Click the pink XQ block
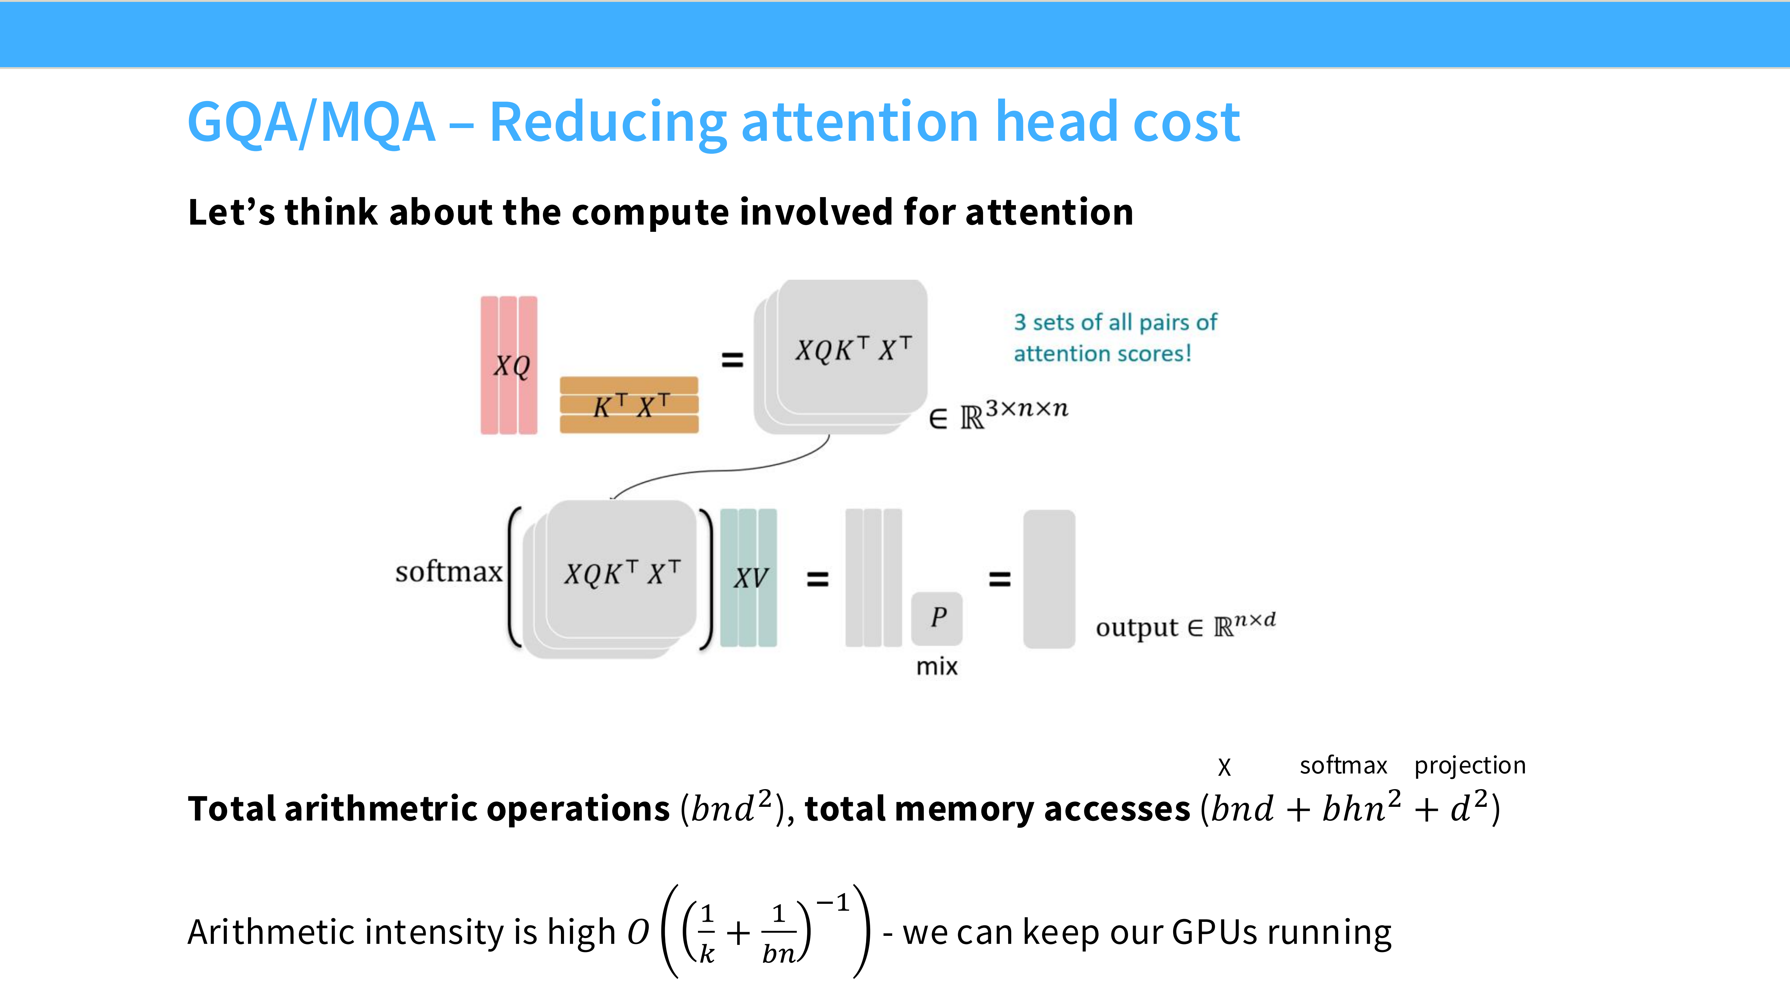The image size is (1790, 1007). (509, 365)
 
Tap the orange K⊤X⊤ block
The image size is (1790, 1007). (629, 405)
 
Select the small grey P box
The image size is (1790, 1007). (937, 617)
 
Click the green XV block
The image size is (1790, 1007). (748, 577)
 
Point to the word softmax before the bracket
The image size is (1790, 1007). (448, 572)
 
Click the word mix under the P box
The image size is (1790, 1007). (937, 666)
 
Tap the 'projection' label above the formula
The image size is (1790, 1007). (1470, 765)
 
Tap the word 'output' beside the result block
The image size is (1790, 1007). (1137, 628)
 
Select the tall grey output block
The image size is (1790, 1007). (1049, 579)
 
